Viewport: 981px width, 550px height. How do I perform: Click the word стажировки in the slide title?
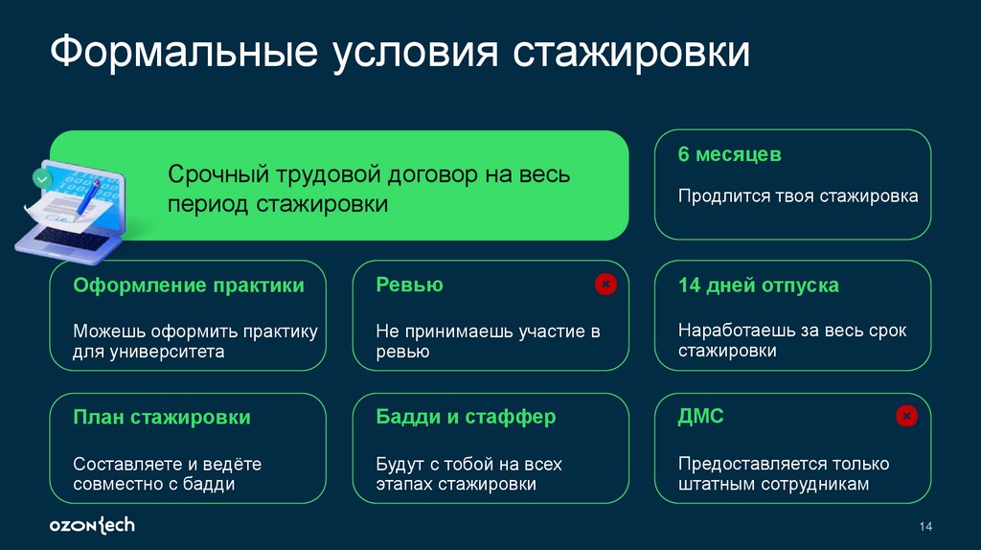pyautogui.click(x=633, y=53)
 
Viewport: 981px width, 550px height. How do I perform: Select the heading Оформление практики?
pyautogui.click(x=189, y=286)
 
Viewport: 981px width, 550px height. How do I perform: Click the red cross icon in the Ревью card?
pyautogui.click(x=605, y=284)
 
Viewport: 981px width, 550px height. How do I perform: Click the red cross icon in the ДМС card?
pyautogui.click(x=906, y=416)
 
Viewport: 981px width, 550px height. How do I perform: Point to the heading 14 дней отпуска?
pyautogui.click(x=758, y=286)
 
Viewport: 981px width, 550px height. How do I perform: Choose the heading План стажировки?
pyautogui.click(x=162, y=418)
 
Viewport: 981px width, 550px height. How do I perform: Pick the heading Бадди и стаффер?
pyautogui.click(x=466, y=418)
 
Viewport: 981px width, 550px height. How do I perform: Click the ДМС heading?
pyautogui.click(x=700, y=417)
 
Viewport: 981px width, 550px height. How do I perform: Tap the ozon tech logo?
pyautogui.click(x=92, y=525)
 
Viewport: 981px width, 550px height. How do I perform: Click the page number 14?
pyautogui.click(x=925, y=527)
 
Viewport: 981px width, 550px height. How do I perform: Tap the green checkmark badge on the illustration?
pyautogui.click(x=40, y=177)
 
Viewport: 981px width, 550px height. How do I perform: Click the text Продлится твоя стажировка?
pyautogui.click(x=797, y=196)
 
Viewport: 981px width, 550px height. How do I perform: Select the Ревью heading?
pyautogui.click(x=409, y=286)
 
